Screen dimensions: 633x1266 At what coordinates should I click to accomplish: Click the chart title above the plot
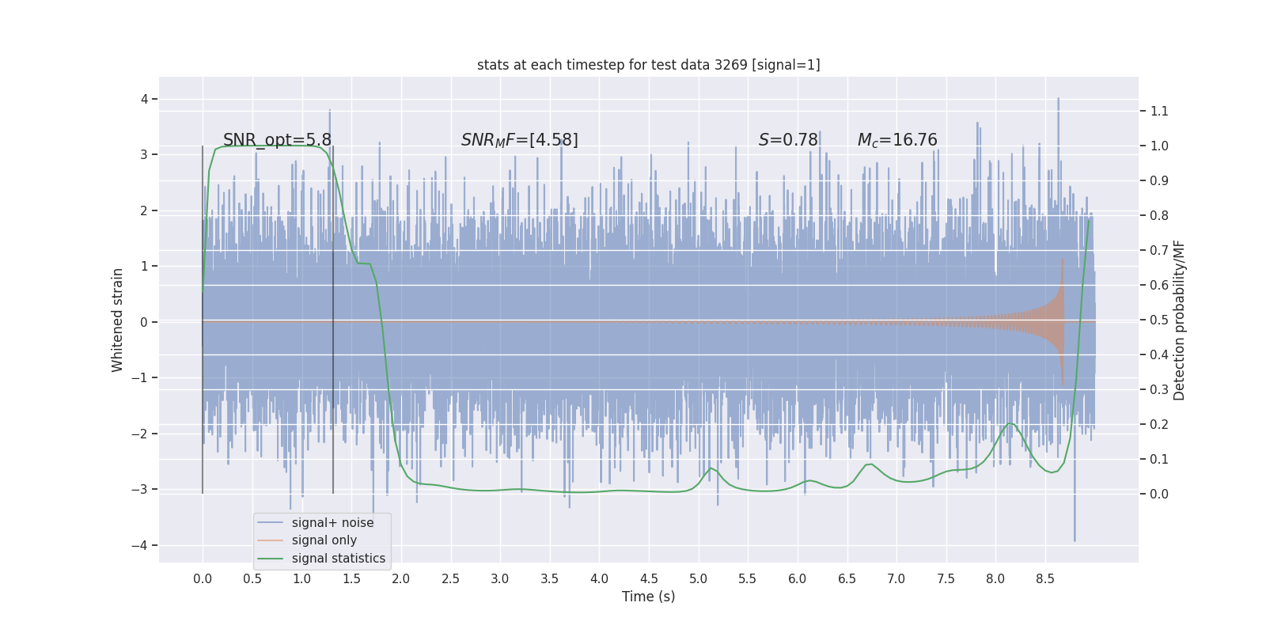[x=648, y=65]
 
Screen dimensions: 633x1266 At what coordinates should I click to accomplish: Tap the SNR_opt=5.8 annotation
[x=277, y=140]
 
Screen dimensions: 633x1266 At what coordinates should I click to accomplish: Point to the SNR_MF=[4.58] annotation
[x=519, y=140]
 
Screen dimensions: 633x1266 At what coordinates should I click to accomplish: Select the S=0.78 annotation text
[x=788, y=140]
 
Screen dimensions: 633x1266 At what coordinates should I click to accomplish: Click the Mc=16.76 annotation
[x=897, y=140]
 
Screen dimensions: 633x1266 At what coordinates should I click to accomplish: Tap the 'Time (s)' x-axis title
[x=648, y=597]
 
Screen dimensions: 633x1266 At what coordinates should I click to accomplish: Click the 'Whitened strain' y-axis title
[x=118, y=320]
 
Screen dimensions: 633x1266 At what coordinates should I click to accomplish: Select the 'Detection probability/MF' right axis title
[x=1179, y=320]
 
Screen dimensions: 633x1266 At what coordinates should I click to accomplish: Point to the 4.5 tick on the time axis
[x=649, y=578]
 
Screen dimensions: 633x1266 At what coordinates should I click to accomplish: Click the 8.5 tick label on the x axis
[x=1044, y=578]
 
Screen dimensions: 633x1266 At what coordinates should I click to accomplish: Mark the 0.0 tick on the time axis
[x=203, y=578]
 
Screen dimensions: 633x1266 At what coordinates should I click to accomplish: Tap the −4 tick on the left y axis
[x=140, y=545]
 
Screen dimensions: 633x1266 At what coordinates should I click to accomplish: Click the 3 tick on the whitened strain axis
[x=144, y=154]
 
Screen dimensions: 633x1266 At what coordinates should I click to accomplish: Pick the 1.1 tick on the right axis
[x=1159, y=111]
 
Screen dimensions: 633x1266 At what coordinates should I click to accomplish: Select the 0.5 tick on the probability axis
[x=1159, y=320]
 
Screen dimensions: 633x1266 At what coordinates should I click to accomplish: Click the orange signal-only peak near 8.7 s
[x=1062, y=261]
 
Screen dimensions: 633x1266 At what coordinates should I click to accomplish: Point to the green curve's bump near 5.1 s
[x=711, y=468]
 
